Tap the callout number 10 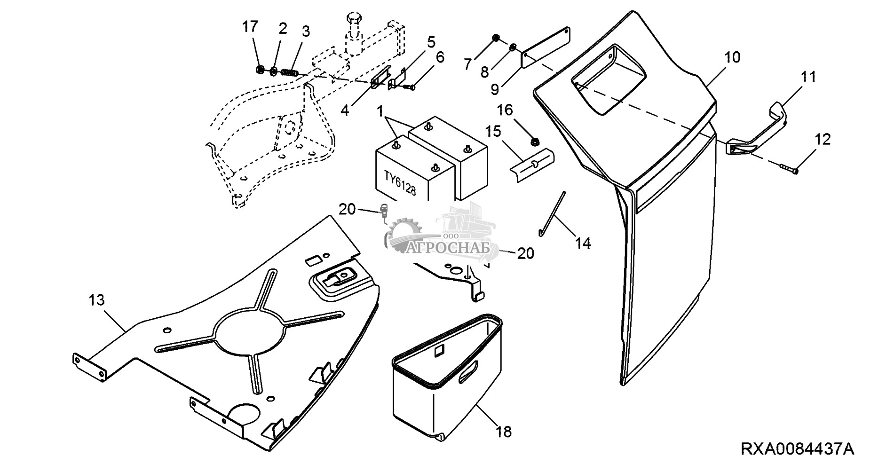click(x=732, y=58)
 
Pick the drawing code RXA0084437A click(x=798, y=448)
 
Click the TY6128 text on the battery click(x=400, y=184)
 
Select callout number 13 click(x=96, y=300)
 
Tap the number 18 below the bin click(x=504, y=432)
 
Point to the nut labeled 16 click(x=534, y=141)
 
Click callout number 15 click(x=494, y=131)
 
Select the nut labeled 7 click(x=495, y=37)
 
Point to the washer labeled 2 click(x=273, y=71)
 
